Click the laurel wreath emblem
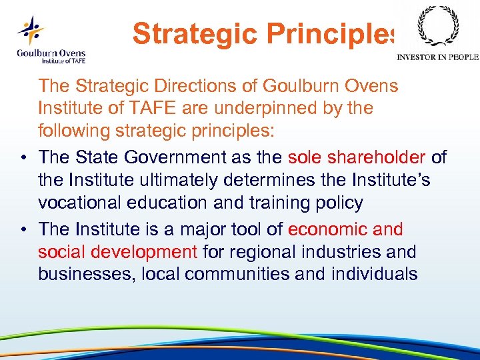coord(437,27)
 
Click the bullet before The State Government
coord(23,157)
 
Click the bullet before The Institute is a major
coord(23,229)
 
